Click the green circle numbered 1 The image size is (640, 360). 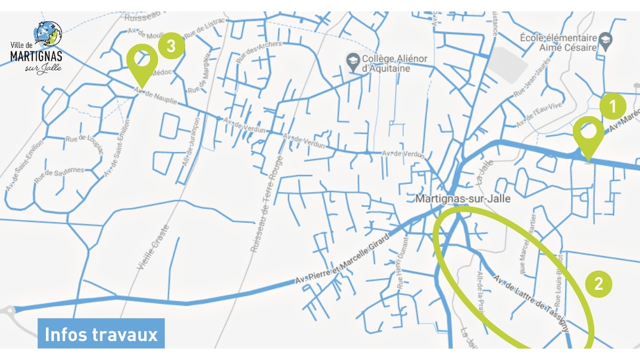(613, 106)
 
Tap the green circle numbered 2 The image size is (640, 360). (599, 284)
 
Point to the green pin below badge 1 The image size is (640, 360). (589, 134)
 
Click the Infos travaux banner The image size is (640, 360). (101, 334)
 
